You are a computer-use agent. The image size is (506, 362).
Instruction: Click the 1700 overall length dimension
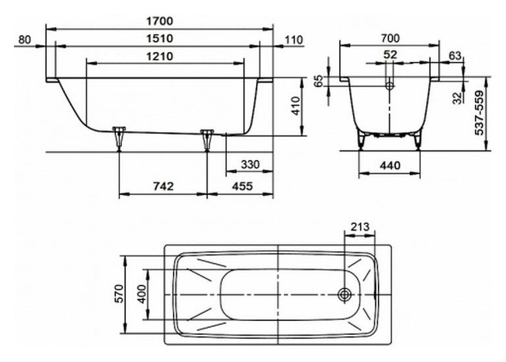coord(160,21)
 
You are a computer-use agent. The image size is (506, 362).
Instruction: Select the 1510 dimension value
coord(160,38)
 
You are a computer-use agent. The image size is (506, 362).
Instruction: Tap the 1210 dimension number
coord(160,57)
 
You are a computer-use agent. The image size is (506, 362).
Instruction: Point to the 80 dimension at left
coord(24,40)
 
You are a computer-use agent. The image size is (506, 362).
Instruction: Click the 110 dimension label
coord(294,40)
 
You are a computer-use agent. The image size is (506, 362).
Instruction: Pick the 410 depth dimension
coord(296,106)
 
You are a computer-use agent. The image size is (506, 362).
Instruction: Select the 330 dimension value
coord(250,164)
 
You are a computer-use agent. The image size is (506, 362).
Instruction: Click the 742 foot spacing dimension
coord(164,186)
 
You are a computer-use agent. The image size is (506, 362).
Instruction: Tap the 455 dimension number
coord(242,186)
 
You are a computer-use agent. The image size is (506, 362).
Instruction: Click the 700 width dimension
coord(390,38)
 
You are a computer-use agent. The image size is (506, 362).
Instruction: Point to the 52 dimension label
coord(390,55)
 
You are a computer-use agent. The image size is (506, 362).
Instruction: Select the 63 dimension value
coord(455,56)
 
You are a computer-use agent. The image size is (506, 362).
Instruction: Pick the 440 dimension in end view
coord(390,166)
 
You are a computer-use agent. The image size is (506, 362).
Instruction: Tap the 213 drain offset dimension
coord(360,227)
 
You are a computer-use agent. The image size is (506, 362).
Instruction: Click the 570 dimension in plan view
coord(119,293)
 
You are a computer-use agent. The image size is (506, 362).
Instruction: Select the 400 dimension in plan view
coord(142,293)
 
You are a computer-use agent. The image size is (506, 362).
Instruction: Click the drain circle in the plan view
coord(344,295)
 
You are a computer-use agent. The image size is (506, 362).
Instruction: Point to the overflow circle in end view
coord(390,86)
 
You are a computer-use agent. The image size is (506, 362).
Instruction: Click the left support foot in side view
coord(119,138)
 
